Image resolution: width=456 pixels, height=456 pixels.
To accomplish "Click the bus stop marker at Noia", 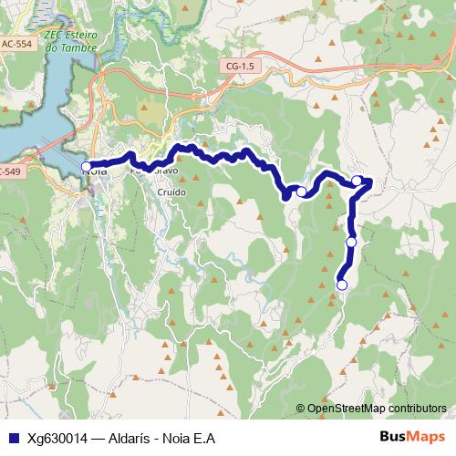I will (87, 167).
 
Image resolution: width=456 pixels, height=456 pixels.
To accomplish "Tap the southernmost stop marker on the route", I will (343, 285).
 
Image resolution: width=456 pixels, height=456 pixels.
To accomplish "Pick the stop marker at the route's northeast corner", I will (358, 181).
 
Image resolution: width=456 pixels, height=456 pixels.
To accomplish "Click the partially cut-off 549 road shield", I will (9, 171).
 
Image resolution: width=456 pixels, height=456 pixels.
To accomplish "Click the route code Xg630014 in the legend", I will (57, 437).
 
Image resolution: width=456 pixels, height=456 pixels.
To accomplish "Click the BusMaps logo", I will (409, 436).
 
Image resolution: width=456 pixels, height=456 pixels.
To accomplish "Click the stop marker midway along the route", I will (301, 192).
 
